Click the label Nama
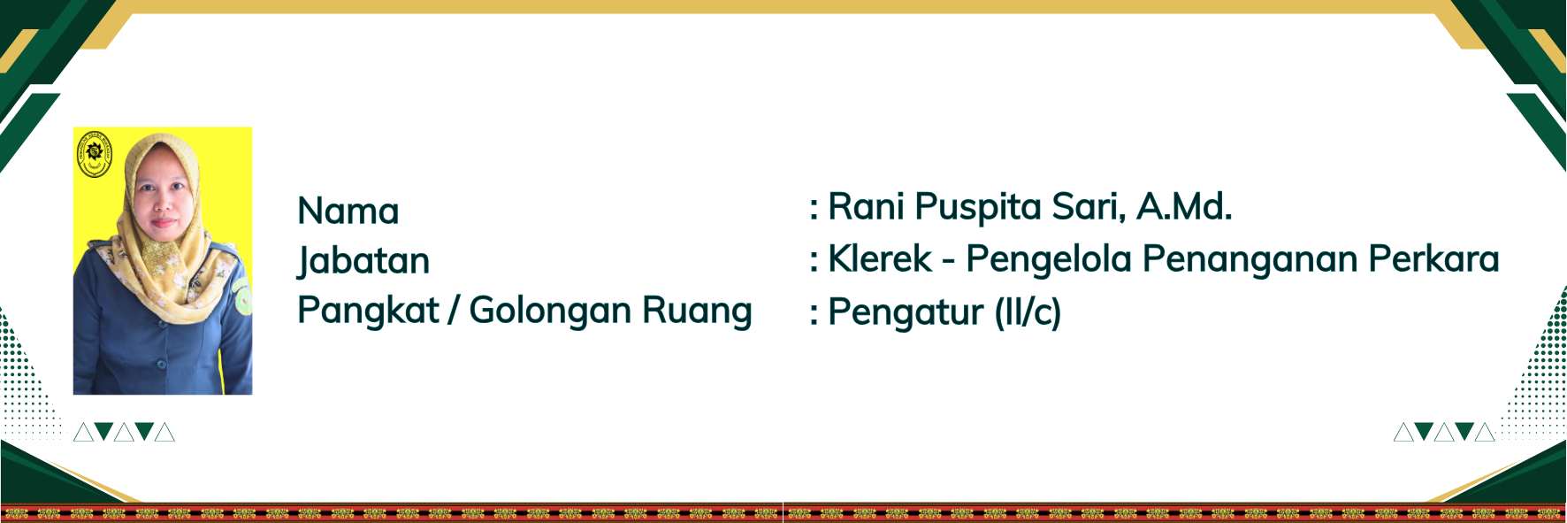tap(348, 212)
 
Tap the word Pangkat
tap(368, 311)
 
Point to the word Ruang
tap(697, 311)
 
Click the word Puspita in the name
tap(977, 208)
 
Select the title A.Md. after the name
tap(1184, 206)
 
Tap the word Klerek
tap(880, 259)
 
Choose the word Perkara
tap(1434, 258)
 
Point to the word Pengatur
tap(906, 313)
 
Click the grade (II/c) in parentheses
tap(1028, 312)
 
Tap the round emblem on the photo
tap(95, 153)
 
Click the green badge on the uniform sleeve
tap(243, 298)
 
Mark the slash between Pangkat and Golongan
tap(454, 311)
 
